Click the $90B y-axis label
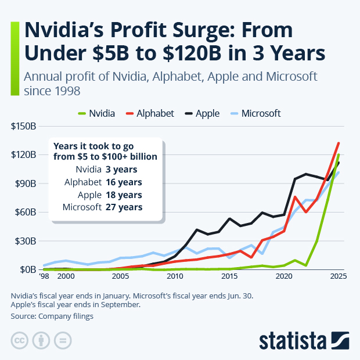coord(26,183)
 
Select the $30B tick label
coord(26,241)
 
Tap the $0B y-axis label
coord(28,270)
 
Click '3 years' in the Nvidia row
coord(121,170)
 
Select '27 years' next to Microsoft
coord(123,207)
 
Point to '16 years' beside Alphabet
coord(123,182)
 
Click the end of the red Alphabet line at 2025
coord(339,143)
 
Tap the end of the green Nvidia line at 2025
coord(339,155)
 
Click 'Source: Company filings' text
coord(52,316)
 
